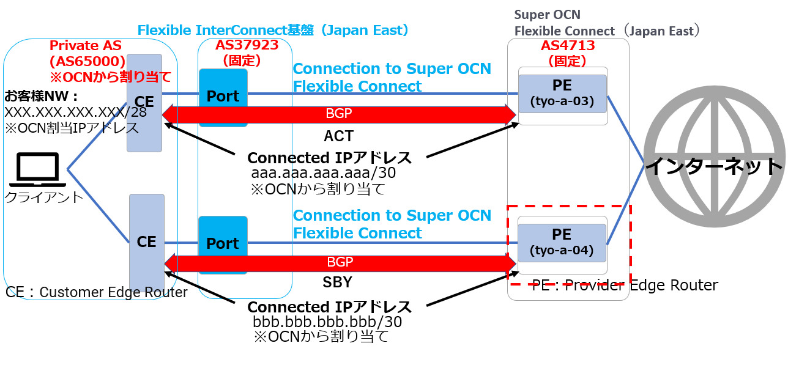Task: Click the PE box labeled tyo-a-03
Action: click(x=562, y=93)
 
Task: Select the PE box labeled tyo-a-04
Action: click(x=562, y=241)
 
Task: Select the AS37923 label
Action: click(x=247, y=45)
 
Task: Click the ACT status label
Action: click(x=339, y=135)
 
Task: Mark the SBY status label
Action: click(x=337, y=282)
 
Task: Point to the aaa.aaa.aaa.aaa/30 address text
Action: click(x=324, y=174)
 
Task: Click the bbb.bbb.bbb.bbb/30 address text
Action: click(x=327, y=322)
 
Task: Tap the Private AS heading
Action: click(x=85, y=46)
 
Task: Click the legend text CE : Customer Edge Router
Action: click(x=97, y=292)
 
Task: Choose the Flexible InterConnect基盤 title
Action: click(x=272, y=30)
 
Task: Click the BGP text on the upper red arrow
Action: click(x=340, y=113)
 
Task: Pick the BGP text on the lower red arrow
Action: click(x=340, y=262)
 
